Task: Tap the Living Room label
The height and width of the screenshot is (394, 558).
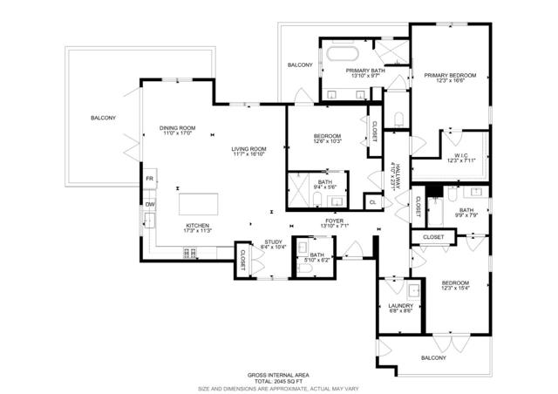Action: [248, 149]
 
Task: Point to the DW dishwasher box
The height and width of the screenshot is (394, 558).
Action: [150, 205]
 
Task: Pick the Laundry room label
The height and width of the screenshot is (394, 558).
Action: [399, 306]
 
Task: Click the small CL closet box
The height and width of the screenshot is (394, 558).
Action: [372, 202]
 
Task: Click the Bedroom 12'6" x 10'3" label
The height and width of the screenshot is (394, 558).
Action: [326, 137]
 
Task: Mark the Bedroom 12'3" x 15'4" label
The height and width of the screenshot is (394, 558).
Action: [454, 283]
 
